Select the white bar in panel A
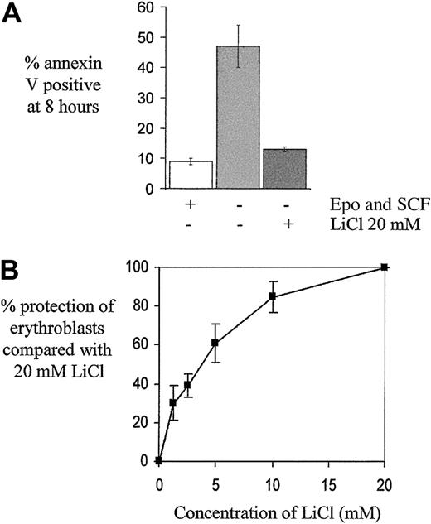pos(191,175)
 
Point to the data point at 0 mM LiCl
pos(158,460)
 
